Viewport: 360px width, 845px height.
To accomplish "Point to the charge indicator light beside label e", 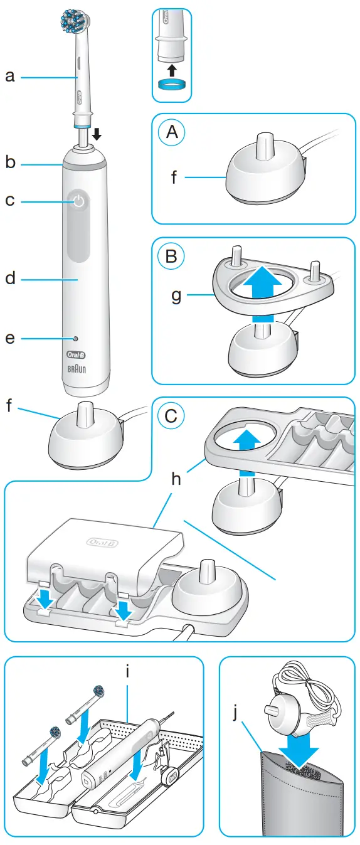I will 75,338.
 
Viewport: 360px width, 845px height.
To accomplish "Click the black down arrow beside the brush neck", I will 96,134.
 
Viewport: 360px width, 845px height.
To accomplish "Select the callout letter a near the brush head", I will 10,77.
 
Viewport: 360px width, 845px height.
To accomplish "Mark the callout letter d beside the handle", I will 10,277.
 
